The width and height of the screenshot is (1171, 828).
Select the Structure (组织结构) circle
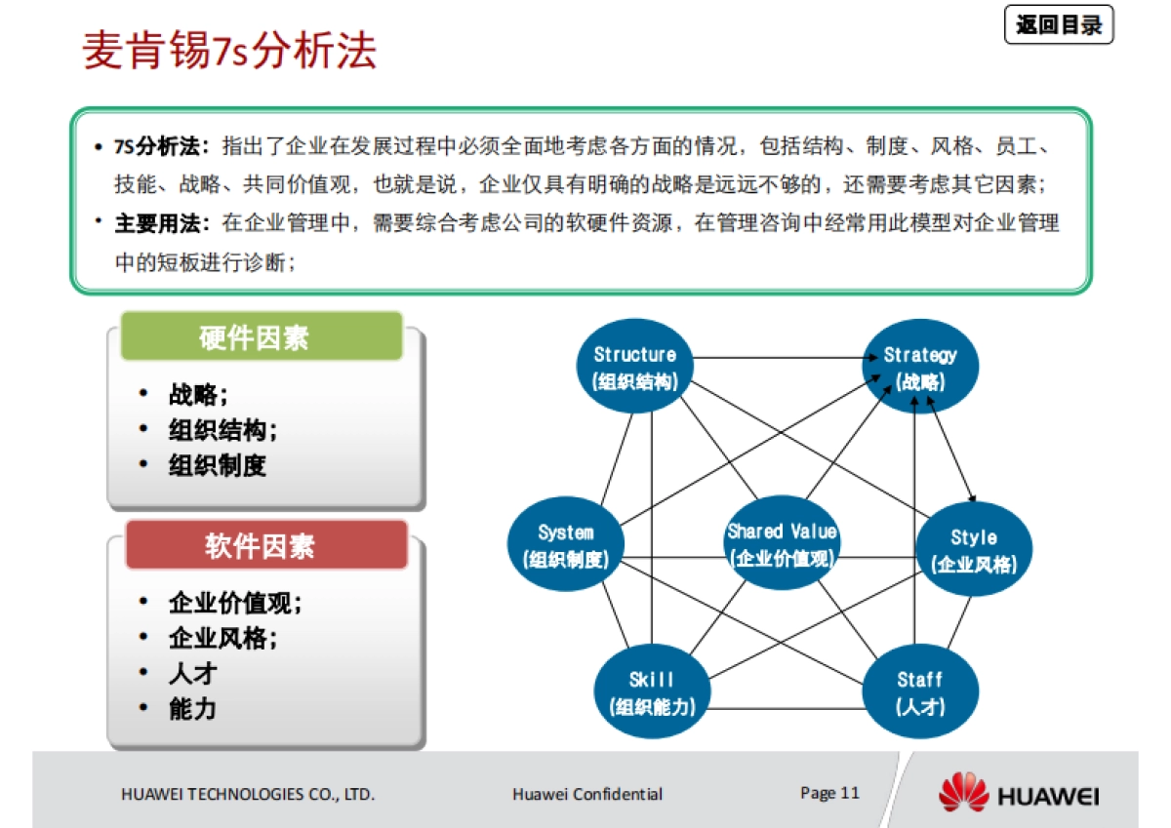[635, 368]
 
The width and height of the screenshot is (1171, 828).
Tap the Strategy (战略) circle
[920, 368]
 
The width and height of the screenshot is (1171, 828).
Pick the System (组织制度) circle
[566, 545]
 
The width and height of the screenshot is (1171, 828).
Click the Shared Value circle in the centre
[782, 544]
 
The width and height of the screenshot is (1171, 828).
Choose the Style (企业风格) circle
[973, 550]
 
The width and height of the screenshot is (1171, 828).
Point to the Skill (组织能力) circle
[652, 692]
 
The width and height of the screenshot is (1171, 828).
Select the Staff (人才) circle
[919, 692]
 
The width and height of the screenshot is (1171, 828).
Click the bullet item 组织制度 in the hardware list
[217, 465]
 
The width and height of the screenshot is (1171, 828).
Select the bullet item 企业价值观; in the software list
[235, 604]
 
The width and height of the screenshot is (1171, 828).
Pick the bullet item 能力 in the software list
[192, 709]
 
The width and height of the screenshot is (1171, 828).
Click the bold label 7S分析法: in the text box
[162, 146]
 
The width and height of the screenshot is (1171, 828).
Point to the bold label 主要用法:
[162, 223]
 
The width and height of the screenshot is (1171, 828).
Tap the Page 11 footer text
[829, 792]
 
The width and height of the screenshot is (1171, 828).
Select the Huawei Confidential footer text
[587, 794]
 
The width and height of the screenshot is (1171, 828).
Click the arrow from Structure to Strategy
[781, 358]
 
